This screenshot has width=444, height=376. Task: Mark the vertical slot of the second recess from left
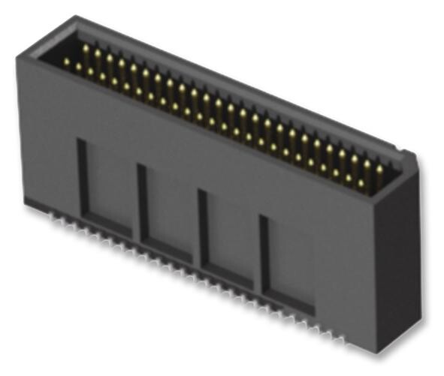(142, 202)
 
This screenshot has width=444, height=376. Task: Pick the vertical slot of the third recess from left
(202, 229)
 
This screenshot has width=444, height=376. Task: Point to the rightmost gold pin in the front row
(361, 182)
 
